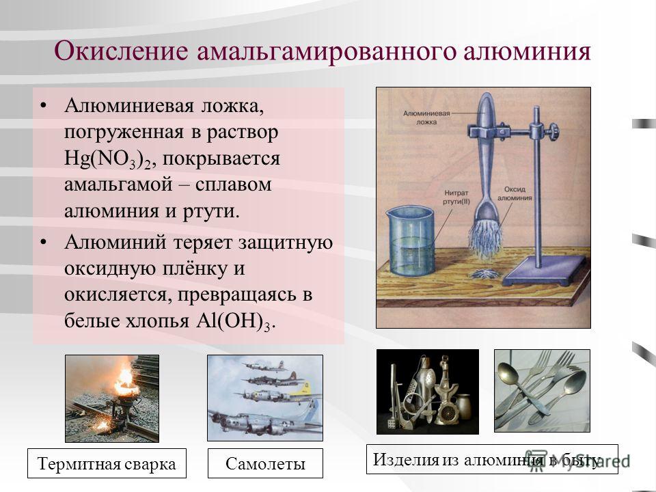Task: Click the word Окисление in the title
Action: click(122, 51)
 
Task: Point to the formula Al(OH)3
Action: click(234, 321)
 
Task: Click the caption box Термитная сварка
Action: click(107, 463)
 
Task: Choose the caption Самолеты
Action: click(265, 463)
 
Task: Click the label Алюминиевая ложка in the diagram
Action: click(426, 118)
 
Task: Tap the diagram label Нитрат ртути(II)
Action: click(456, 197)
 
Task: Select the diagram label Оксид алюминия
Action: click(515, 193)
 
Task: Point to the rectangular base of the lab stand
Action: click(544, 271)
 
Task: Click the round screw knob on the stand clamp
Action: click(554, 131)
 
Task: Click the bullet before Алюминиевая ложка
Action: click(44, 105)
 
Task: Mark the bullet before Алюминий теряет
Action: click(44, 242)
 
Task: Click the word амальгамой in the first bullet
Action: click(118, 184)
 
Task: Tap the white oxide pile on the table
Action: click(486, 275)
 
